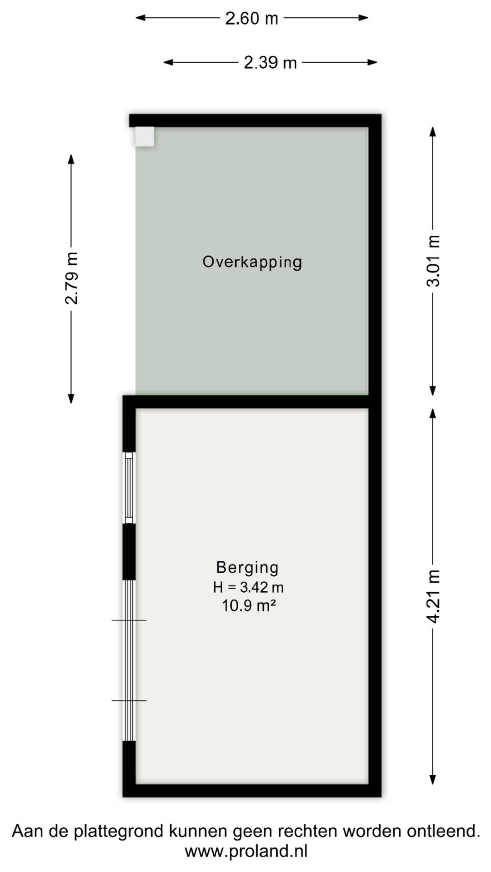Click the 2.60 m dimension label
click(x=251, y=18)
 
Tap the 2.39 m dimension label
click(x=270, y=62)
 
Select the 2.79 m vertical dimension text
click(x=72, y=278)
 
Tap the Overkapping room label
click(x=252, y=262)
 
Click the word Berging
click(x=247, y=567)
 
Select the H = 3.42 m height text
click(x=248, y=587)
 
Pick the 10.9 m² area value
click(x=249, y=606)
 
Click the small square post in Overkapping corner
click(x=145, y=136)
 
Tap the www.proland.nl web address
click(x=246, y=851)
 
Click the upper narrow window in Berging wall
click(x=130, y=488)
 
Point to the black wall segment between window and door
click(x=129, y=552)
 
